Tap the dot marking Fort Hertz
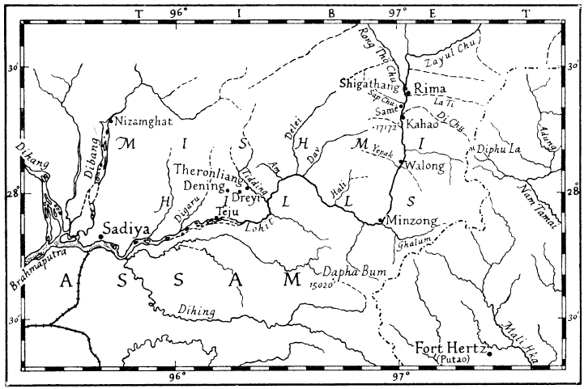pos(489,353)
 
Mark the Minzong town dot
pos(381,220)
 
